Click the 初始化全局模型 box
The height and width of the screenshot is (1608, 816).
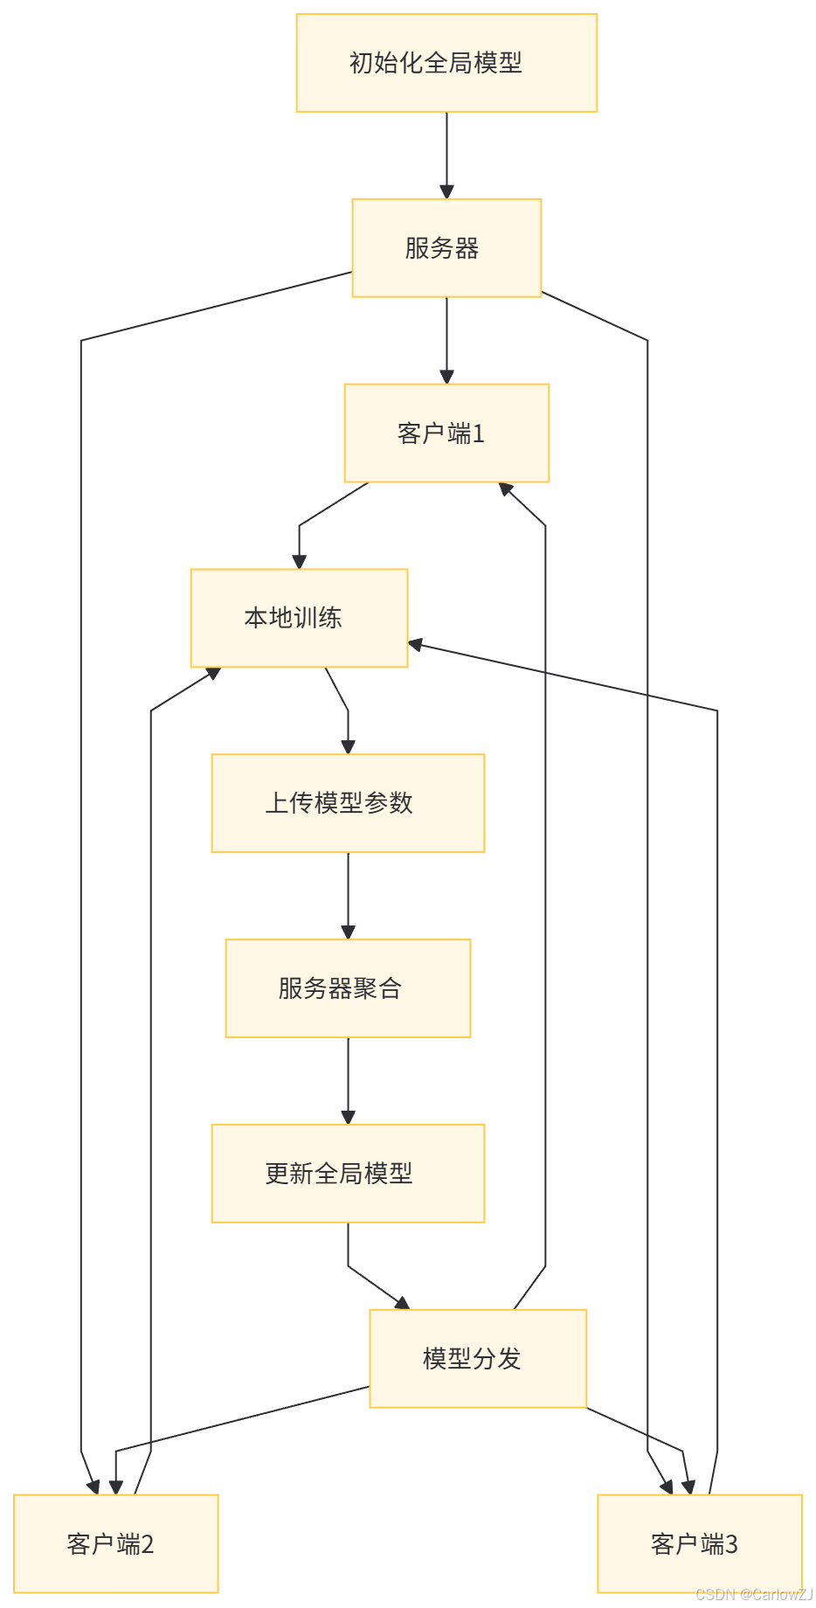[446, 63]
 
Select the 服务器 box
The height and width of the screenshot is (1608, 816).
[446, 248]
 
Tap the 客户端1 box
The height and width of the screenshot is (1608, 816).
[446, 433]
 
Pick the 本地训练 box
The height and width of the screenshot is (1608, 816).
[299, 619]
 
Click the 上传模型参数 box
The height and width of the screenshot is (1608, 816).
[348, 804]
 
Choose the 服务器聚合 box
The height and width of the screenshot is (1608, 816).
[348, 989]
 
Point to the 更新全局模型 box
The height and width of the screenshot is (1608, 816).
[348, 1174]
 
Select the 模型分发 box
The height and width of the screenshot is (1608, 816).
[478, 1359]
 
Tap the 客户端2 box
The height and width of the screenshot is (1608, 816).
[115, 1544]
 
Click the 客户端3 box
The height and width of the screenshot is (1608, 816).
[700, 1544]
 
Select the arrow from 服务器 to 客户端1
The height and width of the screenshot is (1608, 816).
[446, 341]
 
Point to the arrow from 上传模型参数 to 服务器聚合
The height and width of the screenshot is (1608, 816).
[348, 897]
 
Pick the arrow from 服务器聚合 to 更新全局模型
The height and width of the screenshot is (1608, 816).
[348, 1082]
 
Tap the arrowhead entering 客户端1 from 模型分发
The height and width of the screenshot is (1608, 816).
[505, 489]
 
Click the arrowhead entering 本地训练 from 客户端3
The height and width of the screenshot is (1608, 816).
[416, 646]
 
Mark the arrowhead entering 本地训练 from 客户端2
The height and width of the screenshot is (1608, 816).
[212, 674]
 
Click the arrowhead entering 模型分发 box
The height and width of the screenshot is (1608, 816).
[402, 1303]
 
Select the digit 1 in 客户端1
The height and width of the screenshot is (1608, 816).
[478, 433]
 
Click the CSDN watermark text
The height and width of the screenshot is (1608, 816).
[753, 1594]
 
